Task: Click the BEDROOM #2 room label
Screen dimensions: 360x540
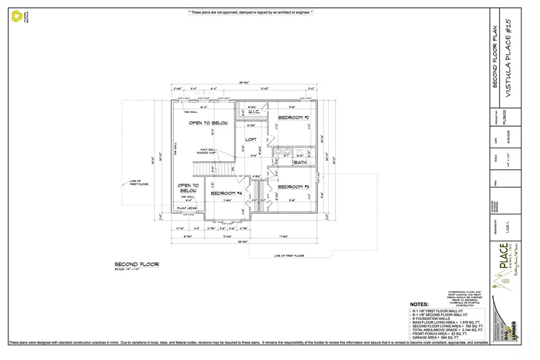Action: click(293, 118)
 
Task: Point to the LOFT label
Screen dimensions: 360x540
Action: click(251, 139)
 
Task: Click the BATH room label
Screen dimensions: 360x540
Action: click(300, 163)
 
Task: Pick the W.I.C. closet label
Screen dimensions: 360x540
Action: click(253, 112)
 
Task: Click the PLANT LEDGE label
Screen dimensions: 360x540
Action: click(187, 208)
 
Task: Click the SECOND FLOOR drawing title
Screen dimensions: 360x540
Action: click(137, 263)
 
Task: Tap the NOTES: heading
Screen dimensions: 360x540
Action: click(419, 305)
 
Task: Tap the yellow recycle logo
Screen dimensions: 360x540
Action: click(16, 16)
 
